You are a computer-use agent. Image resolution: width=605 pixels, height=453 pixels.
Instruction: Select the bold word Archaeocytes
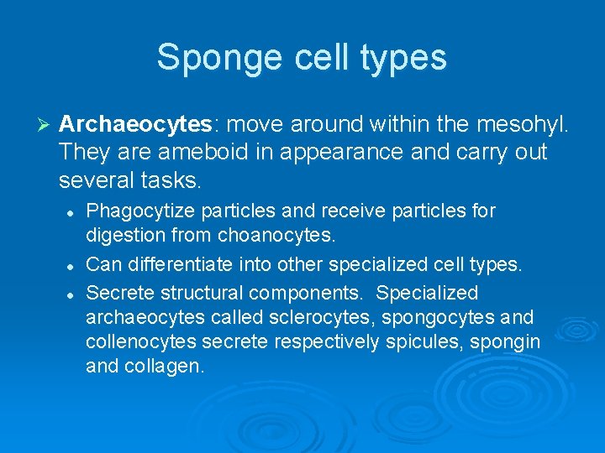click(x=134, y=125)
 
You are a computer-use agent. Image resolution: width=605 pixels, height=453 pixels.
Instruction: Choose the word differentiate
click(x=187, y=265)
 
